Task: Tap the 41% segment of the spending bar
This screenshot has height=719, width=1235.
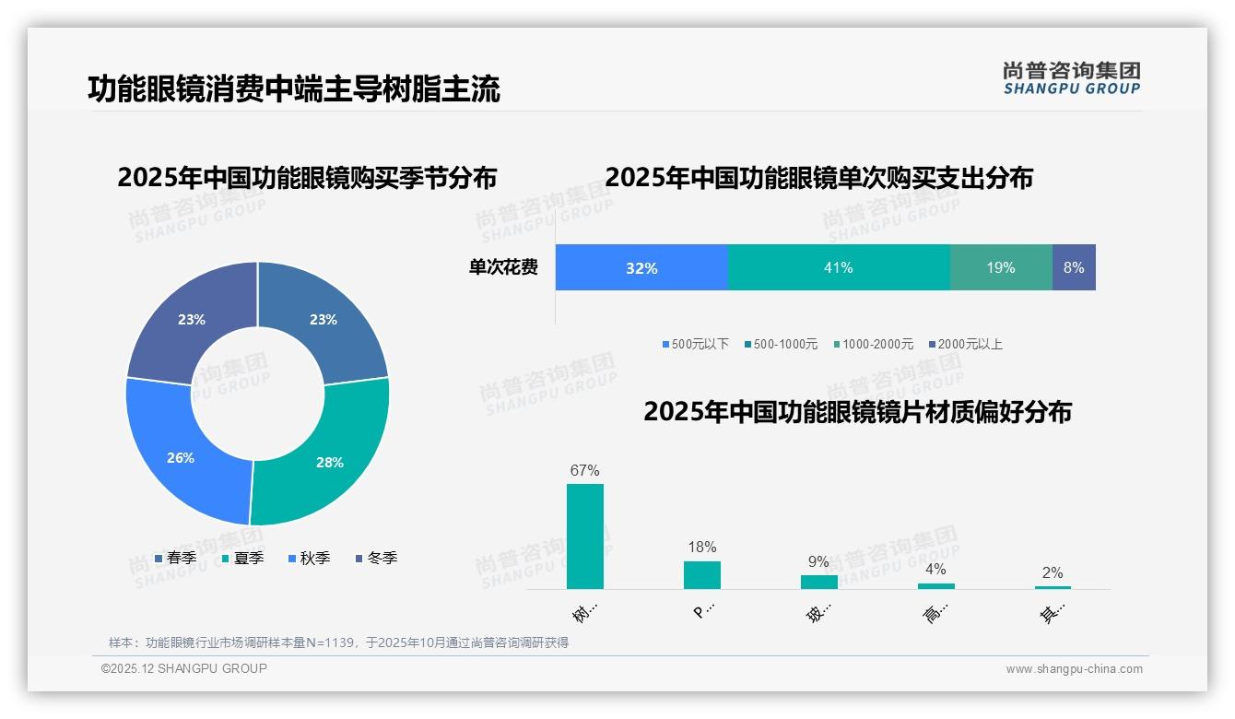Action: click(839, 267)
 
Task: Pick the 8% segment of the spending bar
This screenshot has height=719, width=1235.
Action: click(1074, 267)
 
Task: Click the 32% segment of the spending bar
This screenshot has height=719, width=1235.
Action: click(641, 267)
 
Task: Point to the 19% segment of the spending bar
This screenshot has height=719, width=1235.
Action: click(1001, 267)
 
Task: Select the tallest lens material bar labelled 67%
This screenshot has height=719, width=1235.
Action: click(585, 536)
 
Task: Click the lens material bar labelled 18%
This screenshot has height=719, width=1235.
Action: click(702, 575)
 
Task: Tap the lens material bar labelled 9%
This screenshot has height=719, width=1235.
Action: click(819, 582)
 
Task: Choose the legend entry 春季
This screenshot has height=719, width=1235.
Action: click(176, 558)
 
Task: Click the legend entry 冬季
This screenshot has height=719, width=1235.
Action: click(377, 558)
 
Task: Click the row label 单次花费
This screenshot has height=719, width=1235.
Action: click(503, 267)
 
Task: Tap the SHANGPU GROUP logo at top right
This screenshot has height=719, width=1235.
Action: click(1072, 78)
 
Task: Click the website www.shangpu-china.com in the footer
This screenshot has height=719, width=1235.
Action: click(1074, 669)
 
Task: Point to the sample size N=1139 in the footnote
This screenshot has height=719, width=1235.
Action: click(329, 642)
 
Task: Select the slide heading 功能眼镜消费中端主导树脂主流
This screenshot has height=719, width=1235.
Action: click(294, 89)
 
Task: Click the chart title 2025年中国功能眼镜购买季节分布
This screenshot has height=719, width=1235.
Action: click(307, 177)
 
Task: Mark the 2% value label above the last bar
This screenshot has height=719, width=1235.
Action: click(1053, 572)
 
